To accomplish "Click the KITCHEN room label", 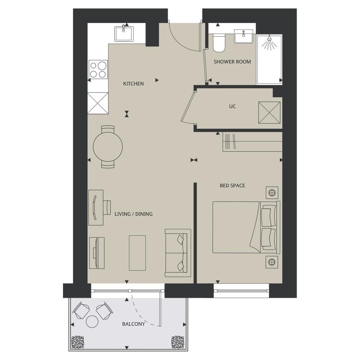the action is [134, 84].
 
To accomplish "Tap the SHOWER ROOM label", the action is [232, 62].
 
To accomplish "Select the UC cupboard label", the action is [232, 107].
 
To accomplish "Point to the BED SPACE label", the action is [232, 185].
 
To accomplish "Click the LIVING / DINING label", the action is [134, 214].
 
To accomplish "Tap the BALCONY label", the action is [134, 324].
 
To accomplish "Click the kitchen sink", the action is [124, 33].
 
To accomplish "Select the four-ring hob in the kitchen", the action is [98, 70].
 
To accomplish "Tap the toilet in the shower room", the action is [219, 43].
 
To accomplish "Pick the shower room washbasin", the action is [244, 36].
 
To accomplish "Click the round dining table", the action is [108, 147].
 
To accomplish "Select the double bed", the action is [246, 227].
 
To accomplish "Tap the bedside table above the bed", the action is [272, 193].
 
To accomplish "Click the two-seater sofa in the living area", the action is [178, 253].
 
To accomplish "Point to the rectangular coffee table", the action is [137, 253].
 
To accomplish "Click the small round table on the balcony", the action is [92, 321].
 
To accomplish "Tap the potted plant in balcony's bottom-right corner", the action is [178, 342].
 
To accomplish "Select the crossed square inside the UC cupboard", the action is [269, 112].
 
